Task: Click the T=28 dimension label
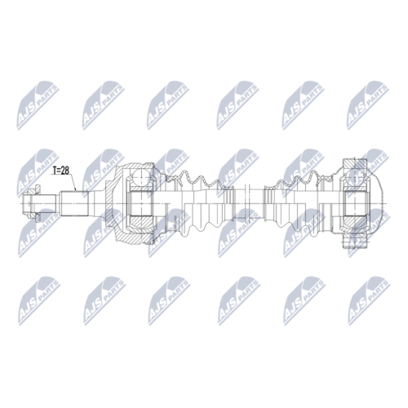pos(61,171)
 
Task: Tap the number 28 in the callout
pos(65,171)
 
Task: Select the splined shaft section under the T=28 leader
pos(75,203)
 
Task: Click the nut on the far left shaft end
pos(31,203)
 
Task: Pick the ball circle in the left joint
pos(141,177)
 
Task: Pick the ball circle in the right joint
pos(356,177)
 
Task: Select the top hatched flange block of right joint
pos(355,164)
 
